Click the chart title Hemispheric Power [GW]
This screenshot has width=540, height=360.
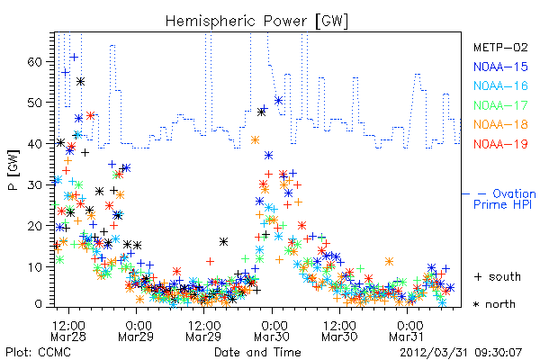256,22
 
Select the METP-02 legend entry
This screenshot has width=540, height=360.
500,47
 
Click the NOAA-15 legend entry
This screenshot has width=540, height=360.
500,67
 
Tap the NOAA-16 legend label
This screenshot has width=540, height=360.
500,85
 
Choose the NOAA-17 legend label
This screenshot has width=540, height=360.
500,105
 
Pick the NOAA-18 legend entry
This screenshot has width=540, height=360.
500,124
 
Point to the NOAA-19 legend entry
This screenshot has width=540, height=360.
500,144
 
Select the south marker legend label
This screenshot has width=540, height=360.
498,276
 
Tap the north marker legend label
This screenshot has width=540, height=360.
494,304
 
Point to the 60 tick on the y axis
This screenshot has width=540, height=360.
34,62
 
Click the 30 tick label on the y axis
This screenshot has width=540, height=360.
34,185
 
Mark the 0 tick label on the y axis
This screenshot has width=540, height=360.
38,304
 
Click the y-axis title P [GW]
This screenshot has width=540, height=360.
14,170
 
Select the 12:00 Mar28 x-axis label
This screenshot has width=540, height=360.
68,330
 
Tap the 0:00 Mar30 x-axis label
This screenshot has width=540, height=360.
272,330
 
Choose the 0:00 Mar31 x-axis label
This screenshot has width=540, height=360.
407,330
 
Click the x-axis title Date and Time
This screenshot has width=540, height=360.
257,352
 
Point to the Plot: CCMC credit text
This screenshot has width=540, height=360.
38,352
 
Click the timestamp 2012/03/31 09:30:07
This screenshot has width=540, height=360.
461,353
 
